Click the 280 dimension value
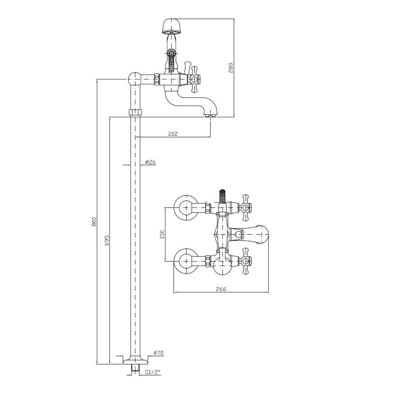[231, 68]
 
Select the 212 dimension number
[173, 134]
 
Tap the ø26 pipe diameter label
[150, 162]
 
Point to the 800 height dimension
[94, 221]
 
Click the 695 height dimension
[107, 240]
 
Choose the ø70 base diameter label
[158, 353]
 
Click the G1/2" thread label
[153, 373]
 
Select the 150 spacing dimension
[162, 234]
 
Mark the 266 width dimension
[221, 289]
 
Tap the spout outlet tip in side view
[211, 115]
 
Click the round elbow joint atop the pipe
[135, 79]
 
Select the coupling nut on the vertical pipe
[136, 112]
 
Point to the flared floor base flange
[136, 360]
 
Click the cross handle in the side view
[194, 79]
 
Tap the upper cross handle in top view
[246, 207]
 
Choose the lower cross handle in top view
[246, 261]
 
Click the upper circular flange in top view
[186, 207]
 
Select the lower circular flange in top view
[186, 261]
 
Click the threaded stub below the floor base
[136, 368]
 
